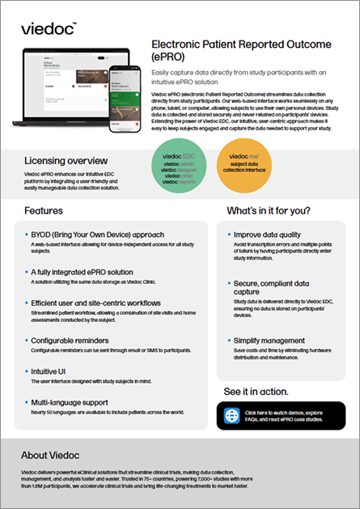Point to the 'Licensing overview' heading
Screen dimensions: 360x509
[66, 160]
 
